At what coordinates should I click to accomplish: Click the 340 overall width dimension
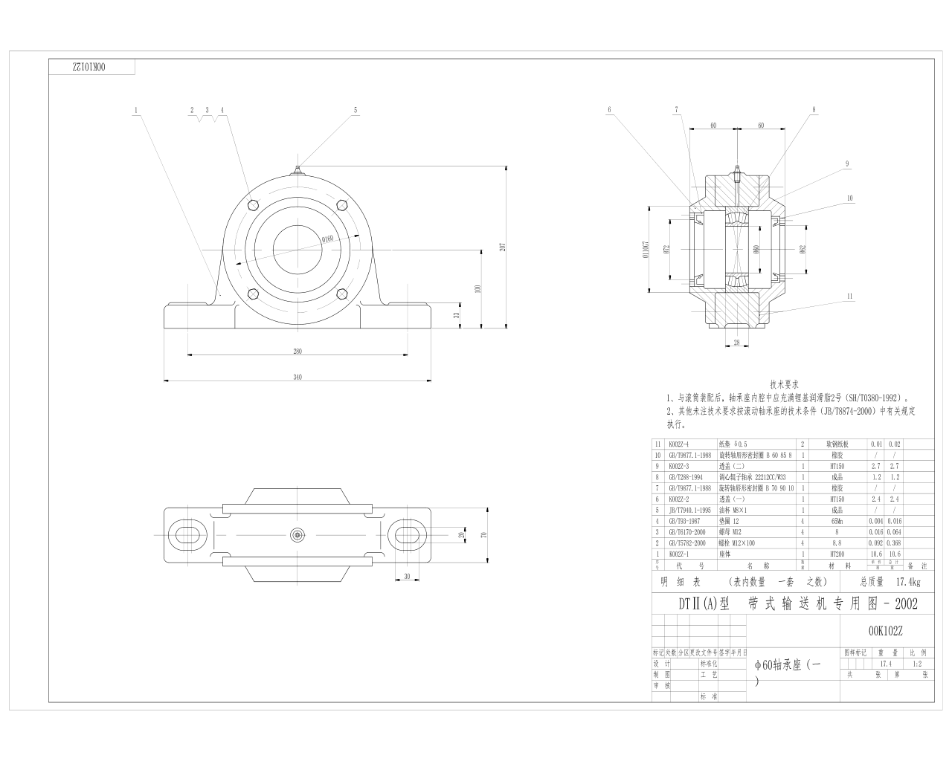click(297, 378)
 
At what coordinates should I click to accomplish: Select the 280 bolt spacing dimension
click(297, 351)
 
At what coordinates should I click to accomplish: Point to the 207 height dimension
click(502, 247)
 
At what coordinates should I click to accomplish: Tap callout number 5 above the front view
click(356, 110)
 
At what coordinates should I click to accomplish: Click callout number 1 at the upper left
click(136, 110)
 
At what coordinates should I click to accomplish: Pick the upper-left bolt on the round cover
click(254, 204)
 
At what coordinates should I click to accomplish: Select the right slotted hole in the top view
click(408, 534)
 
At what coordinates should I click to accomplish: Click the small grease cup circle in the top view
click(297, 534)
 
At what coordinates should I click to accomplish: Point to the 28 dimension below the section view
click(737, 343)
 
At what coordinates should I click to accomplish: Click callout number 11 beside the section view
click(849, 296)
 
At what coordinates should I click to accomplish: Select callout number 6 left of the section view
click(609, 110)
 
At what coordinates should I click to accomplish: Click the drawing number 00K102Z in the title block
click(885, 631)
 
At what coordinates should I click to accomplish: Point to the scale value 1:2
click(916, 664)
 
